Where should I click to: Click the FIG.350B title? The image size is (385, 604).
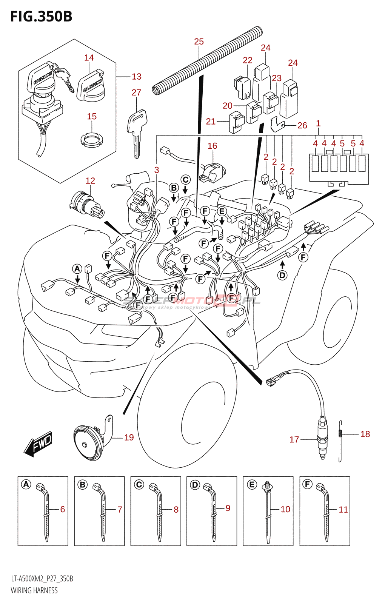pyautogui.click(x=41, y=17)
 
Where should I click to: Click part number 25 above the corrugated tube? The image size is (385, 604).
pyautogui.click(x=199, y=42)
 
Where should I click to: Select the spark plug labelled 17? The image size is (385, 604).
pyautogui.click(x=322, y=438)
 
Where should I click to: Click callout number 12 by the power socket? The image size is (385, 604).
pyautogui.click(x=90, y=181)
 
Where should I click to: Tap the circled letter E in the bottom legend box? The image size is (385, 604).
pyautogui.click(x=252, y=484)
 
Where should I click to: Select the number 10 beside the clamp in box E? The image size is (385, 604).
pyautogui.click(x=285, y=509)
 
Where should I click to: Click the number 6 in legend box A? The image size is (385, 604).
pyautogui.click(x=63, y=509)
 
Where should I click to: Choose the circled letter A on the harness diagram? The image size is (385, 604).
pyautogui.click(x=77, y=269)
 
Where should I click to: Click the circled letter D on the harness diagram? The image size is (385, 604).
pyautogui.click(x=282, y=275)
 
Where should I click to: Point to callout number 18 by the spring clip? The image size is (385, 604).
pyautogui.click(x=365, y=434)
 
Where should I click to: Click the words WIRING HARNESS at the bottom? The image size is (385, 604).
pyautogui.click(x=34, y=590)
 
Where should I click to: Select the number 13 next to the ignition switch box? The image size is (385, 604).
pyautogui.click(x=137, y=77)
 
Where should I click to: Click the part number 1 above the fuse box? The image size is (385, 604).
pyautogui.click(x=318, y=123)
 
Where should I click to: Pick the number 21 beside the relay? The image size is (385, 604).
pyautogui.click(x=211, y=122)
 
